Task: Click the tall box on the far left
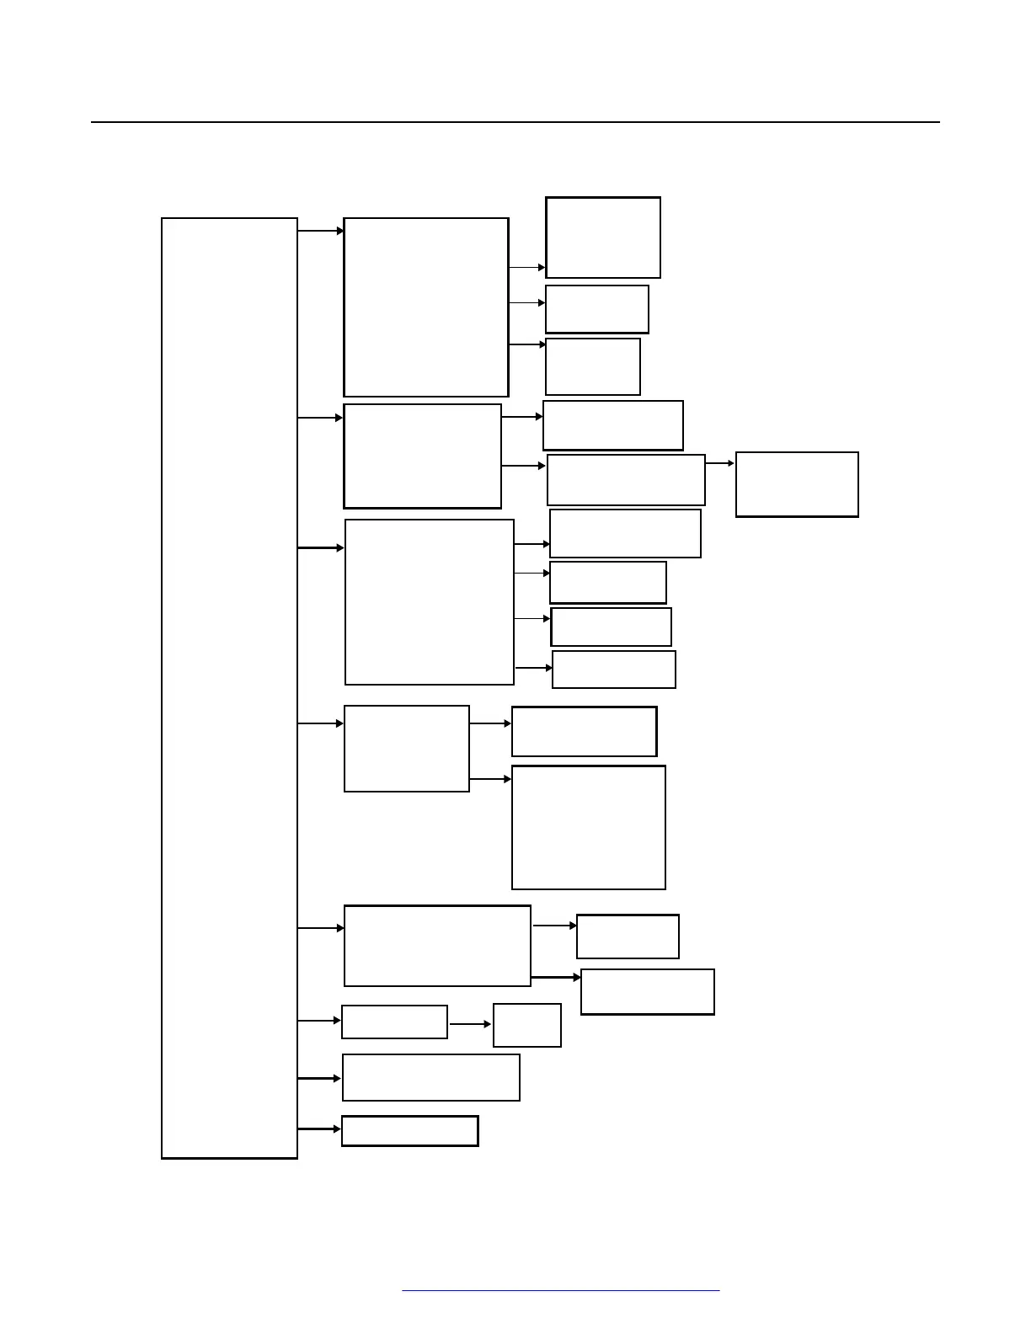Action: [229, 688]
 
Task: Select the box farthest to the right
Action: [797, 484]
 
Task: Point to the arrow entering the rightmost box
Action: [719, 463]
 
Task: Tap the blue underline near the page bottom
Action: [560, 1290]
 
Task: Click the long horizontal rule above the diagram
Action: [515, 122]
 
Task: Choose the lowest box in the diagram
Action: [410, 1131]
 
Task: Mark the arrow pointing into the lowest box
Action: [319, 1129]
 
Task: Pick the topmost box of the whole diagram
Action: [603, 237]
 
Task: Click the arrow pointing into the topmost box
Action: [527, 268]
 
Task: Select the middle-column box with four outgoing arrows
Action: [430, 602]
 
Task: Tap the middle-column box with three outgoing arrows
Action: [426, 307]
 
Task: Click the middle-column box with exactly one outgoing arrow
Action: [394, 1022]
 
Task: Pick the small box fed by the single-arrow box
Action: [527, 1025]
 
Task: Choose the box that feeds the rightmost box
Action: [626, 480]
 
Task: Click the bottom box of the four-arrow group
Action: [614, 670]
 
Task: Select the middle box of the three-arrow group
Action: [597, 309]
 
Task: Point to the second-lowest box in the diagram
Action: [431, 1077]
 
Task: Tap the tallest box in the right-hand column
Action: [589, 827]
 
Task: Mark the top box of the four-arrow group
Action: [625, 533]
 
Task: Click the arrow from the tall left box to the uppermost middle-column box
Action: [320, 230]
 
